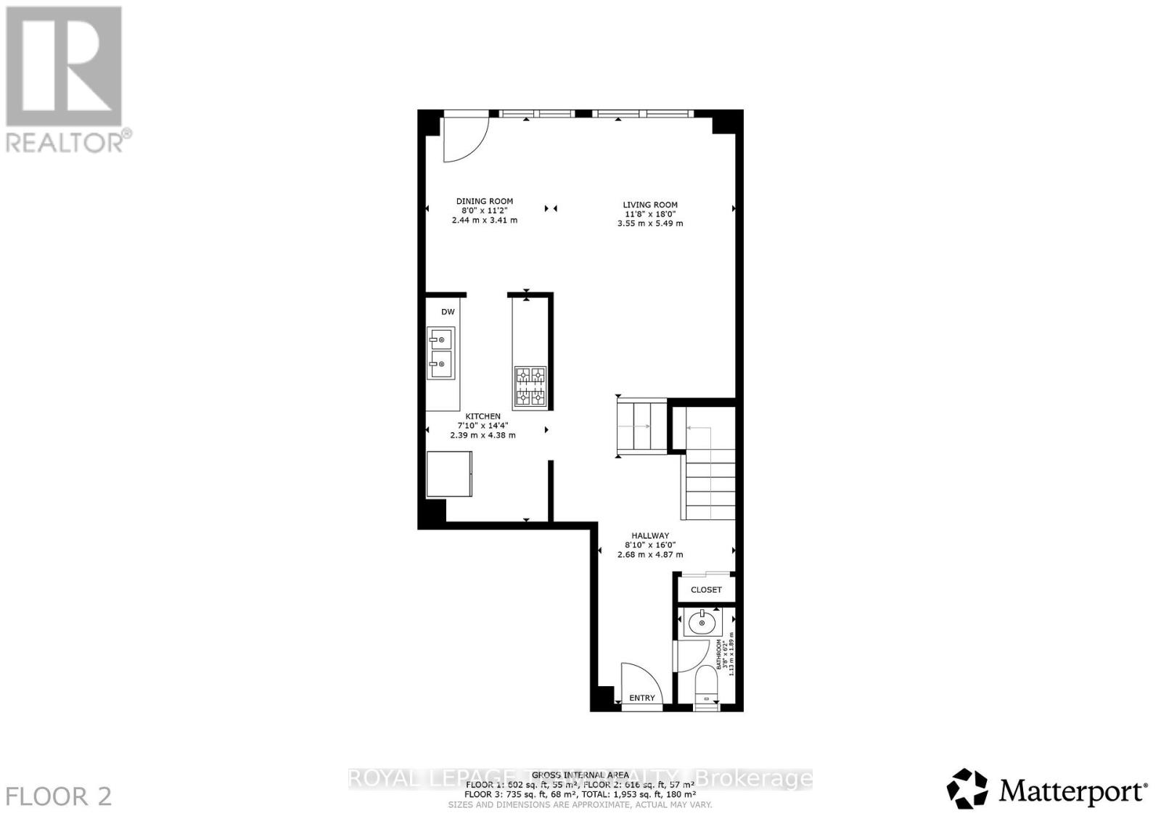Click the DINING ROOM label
484,201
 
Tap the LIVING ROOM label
649,205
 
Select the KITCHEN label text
483,416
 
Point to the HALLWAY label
649,535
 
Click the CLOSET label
706,590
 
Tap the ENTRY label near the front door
641,698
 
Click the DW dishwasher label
448,312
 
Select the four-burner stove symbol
530,387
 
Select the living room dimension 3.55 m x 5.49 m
649,223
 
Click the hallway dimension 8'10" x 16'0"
649,545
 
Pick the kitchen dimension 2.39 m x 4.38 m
483,435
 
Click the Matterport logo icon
968,788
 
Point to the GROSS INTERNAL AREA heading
580,775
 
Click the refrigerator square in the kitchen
449,474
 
